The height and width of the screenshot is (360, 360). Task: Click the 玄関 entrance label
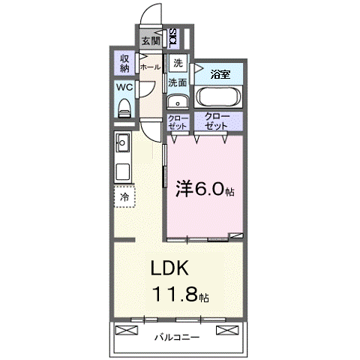click(150, 40)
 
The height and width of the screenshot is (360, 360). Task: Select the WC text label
click(124, 87)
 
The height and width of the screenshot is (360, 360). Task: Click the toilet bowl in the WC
click(124, 107)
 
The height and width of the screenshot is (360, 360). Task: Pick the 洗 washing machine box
click(178, 63)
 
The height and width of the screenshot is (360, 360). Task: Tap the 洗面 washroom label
click(178, 82)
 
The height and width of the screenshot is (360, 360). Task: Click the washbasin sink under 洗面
click(178, 102)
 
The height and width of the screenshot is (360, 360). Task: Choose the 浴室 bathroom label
click(219, 74)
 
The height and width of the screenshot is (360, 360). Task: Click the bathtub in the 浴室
click(218, 97)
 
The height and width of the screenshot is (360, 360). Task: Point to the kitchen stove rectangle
click(123, 171)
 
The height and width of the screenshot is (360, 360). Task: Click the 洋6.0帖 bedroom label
click(205, 188)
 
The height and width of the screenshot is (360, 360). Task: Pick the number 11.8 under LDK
click(176, 294)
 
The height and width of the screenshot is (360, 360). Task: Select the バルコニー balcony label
click(178, 337)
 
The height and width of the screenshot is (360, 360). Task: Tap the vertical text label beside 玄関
click(173, 36)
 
